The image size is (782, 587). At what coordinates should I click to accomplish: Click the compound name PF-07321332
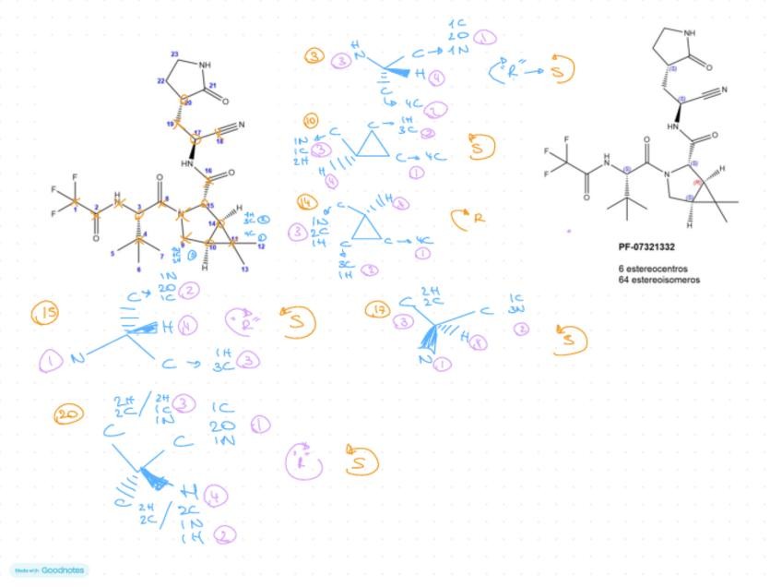pyautogui.click(x=646, y=247)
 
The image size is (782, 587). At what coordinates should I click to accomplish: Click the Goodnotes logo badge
pyautogui.click(x=49, y=570)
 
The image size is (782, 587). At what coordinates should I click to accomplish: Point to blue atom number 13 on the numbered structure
pyautogui.click(x=245, y=269)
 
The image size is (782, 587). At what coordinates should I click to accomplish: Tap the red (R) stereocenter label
pyautogui.click(x=699, y=183)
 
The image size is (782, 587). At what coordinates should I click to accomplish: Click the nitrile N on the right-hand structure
pyautogui.click(x=725, y=90)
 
